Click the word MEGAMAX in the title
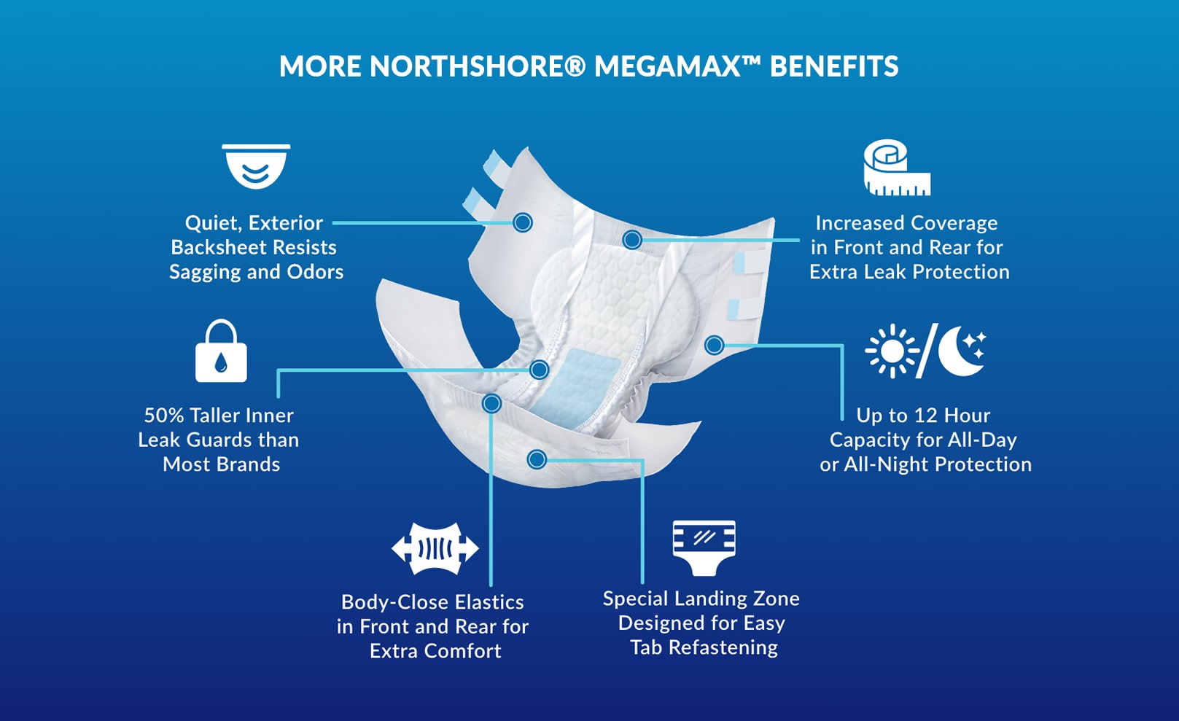point(666,66)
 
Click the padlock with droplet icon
point(221,351)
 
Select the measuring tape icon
point(896,168)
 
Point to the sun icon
point(891,351)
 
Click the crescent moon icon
point(961,351)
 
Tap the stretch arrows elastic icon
point(435,548)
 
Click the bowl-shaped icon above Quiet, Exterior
point(256,166)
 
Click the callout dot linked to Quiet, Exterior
point(523,222)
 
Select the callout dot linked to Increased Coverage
point(632,239)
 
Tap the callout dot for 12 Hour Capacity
point(715,345)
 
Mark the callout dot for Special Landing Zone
point(537,459)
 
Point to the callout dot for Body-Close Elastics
point(492,403)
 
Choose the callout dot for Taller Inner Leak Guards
point(540,370)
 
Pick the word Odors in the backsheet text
point(315,272)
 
